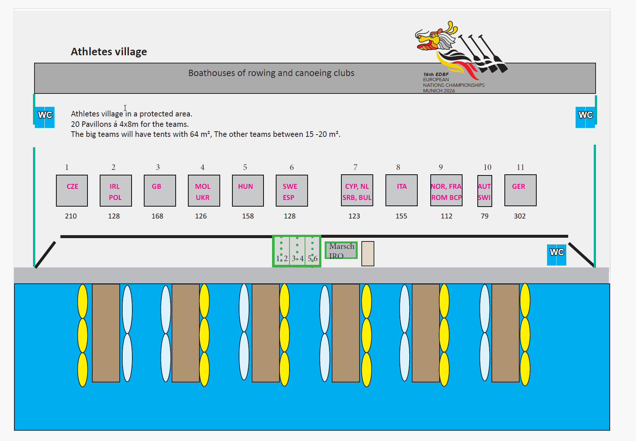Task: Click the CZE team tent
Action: (72, 191)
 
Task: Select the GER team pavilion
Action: (520, 190)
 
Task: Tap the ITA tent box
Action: (401, 190)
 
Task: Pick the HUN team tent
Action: (248, 191)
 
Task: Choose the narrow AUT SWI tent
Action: (485, 191)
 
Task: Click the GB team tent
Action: (160, 191)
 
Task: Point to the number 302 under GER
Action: (520, 216)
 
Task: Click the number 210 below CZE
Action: (71, 216)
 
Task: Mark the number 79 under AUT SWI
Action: (484, 216)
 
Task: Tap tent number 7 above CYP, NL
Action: (355, 167)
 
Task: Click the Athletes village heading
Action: (109, 52)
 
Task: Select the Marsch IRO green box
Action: (341, 250)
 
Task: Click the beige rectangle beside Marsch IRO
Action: (368, 254)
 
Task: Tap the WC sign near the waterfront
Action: (557, 254)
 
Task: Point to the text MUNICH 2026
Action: (439, 90)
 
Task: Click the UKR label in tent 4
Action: (203, 198)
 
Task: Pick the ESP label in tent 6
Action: (288, 198)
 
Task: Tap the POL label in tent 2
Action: (115, 198)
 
